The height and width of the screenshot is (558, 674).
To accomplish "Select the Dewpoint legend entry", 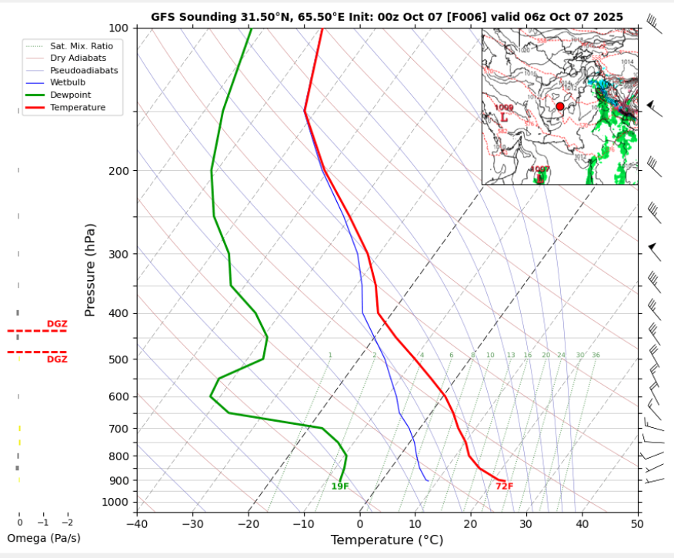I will pos(71,95).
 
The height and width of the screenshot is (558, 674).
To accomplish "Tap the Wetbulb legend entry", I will pos(68,82).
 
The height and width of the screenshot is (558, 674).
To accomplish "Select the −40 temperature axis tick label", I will pos(137,524).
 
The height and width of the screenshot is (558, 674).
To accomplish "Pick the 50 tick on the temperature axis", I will pos(636,524).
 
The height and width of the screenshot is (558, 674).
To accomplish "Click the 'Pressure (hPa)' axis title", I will pos(91,269).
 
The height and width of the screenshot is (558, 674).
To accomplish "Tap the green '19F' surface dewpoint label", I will pos(340,486).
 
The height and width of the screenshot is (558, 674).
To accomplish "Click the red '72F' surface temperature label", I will pos(504,486).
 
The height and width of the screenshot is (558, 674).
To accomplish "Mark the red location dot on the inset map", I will pos(559,107).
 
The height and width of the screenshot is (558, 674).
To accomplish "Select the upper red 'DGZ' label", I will pos(57,324).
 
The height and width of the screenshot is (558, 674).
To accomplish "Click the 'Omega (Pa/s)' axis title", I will pos(43,538).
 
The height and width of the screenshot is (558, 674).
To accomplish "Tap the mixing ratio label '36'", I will pos(596,355).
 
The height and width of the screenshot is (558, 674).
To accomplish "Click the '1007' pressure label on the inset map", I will pos(539,169).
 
